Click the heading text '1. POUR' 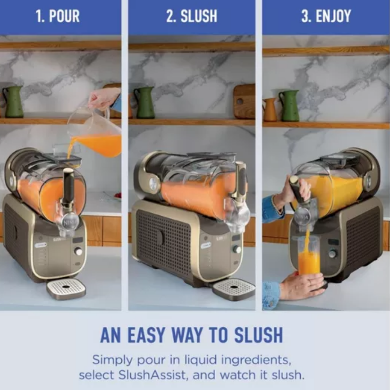click(58, 16)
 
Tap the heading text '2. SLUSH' click(192, 16)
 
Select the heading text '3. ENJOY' click(326, 16)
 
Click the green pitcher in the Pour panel click(13, 101)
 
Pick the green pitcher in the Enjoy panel click(289, 105)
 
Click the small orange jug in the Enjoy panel click(269, 110)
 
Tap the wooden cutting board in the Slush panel click(244, 101)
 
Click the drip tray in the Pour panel click(66, 289)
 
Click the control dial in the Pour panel click(78, 251)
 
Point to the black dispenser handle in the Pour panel click(68, 186)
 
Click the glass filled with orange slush click(308, 256)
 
